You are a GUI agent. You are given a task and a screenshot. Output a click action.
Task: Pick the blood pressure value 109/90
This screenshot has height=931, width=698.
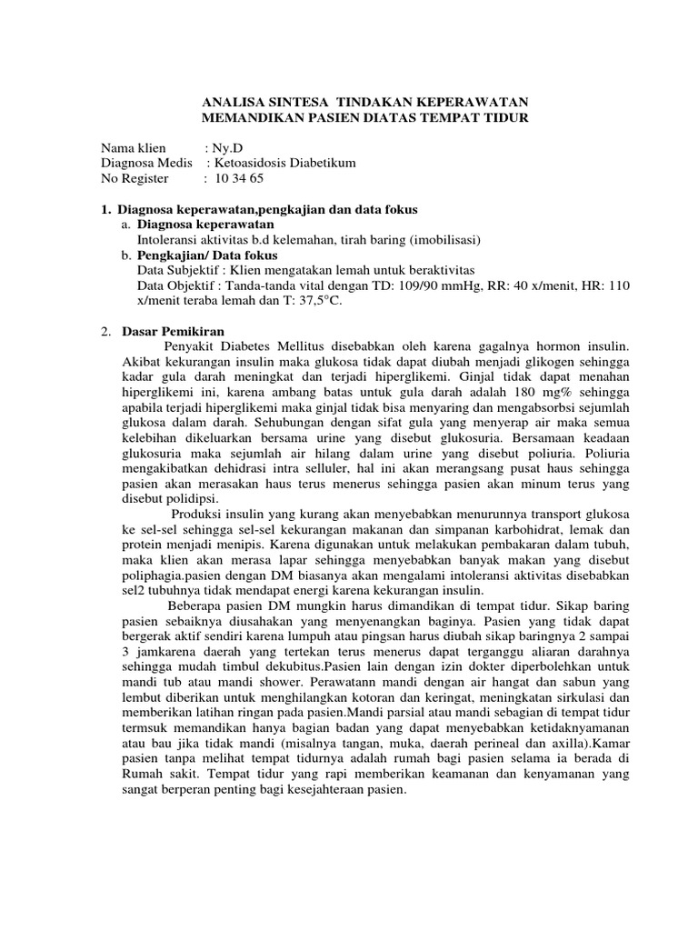click(x=384, y=285)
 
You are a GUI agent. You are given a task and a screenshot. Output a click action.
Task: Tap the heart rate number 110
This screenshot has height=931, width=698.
click(x=618, y=285)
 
